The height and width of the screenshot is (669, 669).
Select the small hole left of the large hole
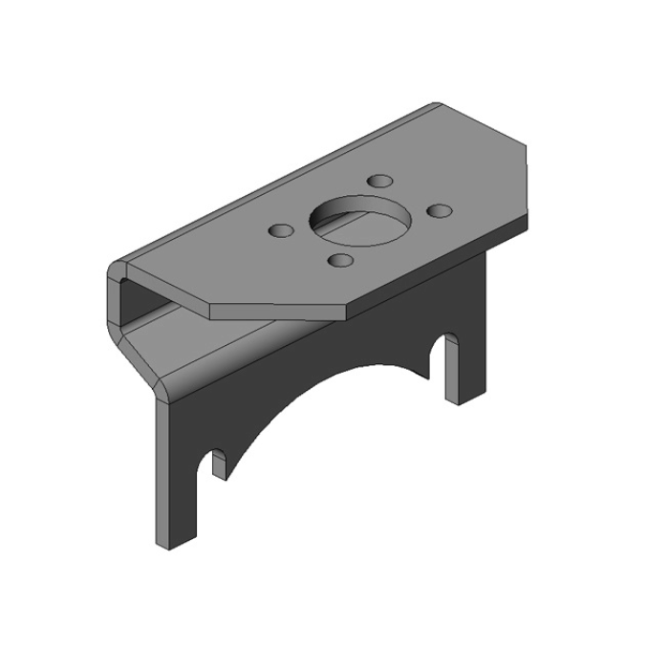tap(282, 230)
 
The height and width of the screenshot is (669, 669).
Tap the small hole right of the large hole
tap(438, 209)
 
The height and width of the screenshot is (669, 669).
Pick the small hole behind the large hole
tap(380, 181)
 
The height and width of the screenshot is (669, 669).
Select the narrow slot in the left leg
tap(217, 463)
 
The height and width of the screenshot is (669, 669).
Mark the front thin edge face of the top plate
tap(277, 313)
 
